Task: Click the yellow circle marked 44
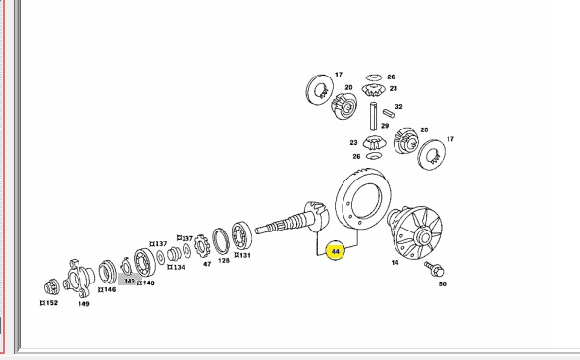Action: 335,251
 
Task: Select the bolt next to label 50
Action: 434,269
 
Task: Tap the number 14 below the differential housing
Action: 395,263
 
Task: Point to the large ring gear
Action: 363,198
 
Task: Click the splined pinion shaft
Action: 292,220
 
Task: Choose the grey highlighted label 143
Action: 130,281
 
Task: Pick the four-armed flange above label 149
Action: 79,279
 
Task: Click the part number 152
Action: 49,303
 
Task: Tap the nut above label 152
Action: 51,286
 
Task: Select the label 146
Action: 107,289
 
